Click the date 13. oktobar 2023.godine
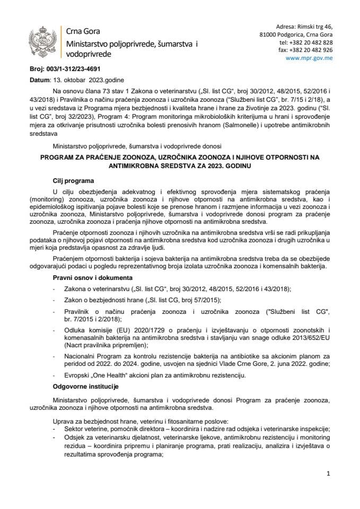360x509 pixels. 83,80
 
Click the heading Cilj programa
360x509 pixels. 73,180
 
